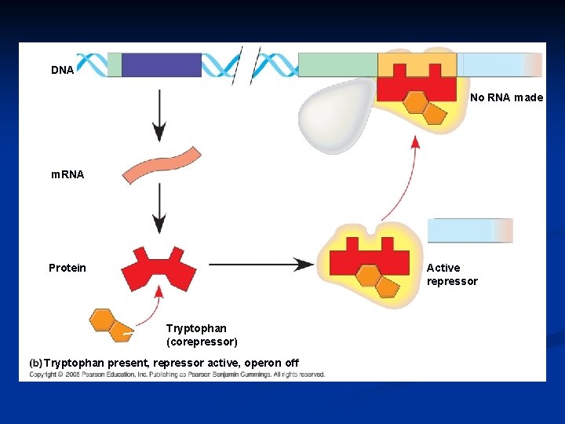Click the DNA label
click(x=63, y=70)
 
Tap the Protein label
click(x=67, y=268)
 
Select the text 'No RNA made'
click(x=506, y=98)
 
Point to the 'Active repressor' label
click(x=452, y=275)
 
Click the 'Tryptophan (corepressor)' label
click(x=202, y=335)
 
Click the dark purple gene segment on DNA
click(x=162, y=64)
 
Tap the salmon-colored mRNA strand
click(x=161, y=164)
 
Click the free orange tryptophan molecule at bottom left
click(x=109, y=323)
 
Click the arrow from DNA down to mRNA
click(x=159, y=115)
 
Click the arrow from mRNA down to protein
click(x=159, y=208)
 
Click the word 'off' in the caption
click(x=291, y=363)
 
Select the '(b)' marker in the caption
click(x=35, y=363)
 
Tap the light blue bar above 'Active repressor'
click(x=469, y=230)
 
